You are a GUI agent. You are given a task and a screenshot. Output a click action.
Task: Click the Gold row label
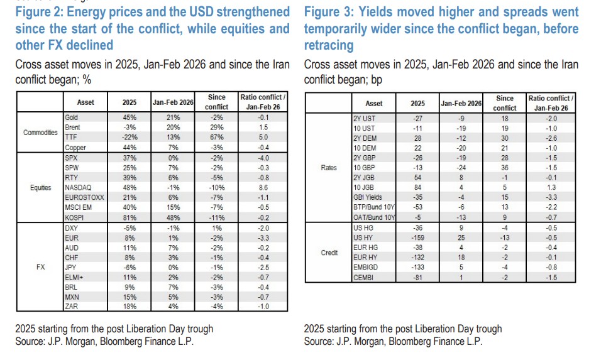pyautogui.click(x=71, y=117)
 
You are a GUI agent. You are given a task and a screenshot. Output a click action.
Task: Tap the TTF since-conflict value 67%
pyautogui.click(x=216, y=136)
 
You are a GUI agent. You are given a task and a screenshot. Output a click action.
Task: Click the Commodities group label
pyautogui.click(x=40, y=132)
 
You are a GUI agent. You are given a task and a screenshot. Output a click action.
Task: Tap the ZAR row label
pyautogui.click(x=71, y=306)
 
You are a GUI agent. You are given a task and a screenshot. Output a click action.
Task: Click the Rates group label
pyautogui.click(x=329, y=168)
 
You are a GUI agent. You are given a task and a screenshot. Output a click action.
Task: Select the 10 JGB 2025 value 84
pyautogui.click(x=417, y=187)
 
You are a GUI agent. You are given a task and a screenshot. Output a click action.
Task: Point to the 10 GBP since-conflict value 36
pyautogui.click(x=505, y=167)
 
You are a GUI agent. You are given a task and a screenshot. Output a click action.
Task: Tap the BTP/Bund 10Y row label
pyautogui.click(x=374, y=207)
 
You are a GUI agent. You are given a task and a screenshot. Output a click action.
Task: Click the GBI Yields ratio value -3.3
pyautogui.click(x=551, y=197)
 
